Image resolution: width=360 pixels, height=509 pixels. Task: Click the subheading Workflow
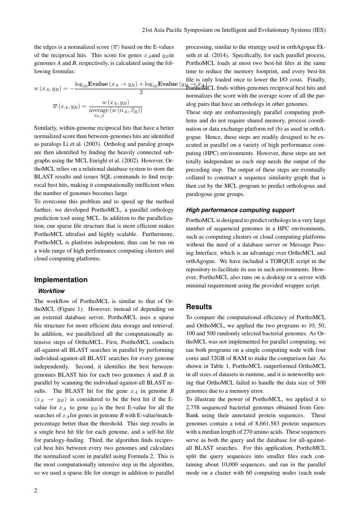click(51, 290)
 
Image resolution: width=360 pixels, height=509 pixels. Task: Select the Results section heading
click(199, 307)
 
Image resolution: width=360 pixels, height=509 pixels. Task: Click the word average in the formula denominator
click(98, 111)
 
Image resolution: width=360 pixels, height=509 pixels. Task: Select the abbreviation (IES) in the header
click(319, 31)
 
